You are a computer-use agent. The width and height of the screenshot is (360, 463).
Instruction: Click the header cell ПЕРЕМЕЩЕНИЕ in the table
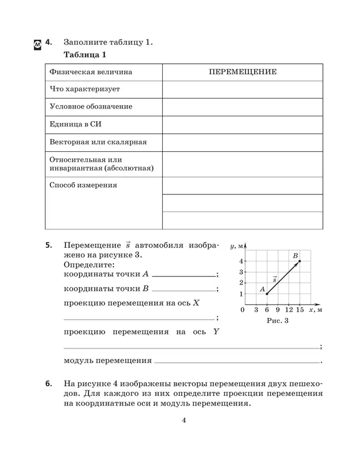[x=243, y=72]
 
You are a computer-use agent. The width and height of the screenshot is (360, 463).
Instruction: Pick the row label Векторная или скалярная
[x=98, y=142]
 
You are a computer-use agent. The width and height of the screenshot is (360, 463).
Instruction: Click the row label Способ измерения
[x=83, y=186]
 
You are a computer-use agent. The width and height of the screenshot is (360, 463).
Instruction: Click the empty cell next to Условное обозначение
[x=243, y=106]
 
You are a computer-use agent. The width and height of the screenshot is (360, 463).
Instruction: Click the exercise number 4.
[x=49, y=42]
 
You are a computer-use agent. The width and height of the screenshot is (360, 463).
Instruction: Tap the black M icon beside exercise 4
[x=37, y=44]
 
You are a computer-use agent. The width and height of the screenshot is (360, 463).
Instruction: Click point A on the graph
[x=267, y=294]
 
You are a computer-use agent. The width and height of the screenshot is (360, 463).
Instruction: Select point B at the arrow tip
[x=300, y=261]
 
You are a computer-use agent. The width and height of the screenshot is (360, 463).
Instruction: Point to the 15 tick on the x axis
[x=300, y=310]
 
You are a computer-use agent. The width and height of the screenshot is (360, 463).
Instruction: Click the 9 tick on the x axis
[x=277, y=310]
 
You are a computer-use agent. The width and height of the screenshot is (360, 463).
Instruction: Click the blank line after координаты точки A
[x=184, y=274]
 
